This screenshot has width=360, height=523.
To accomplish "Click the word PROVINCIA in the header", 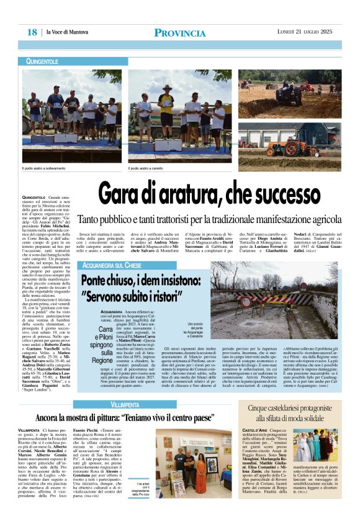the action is pos(180,32).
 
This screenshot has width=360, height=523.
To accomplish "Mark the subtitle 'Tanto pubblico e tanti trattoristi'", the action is pos(218,219).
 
